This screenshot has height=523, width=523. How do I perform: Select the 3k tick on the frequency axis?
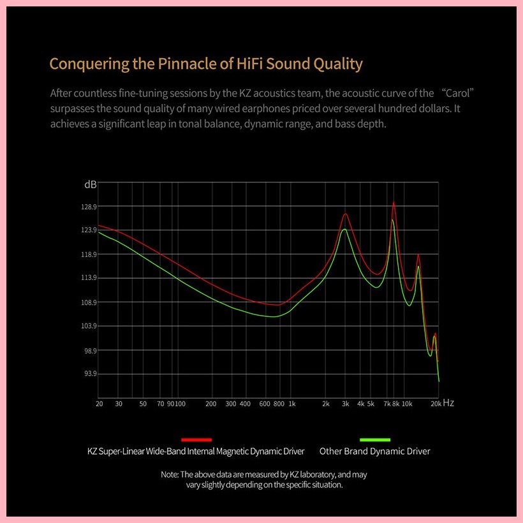(x=345, y=404)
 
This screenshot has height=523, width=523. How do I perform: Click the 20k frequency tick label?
(x=436, y=404)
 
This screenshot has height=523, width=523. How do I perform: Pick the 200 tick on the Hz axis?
(x=211, y=404)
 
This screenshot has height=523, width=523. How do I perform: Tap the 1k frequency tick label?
(x=291, y=404)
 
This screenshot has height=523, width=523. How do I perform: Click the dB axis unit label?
(x=91, y=184)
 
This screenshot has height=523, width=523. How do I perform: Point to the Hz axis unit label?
(x=448, y=403)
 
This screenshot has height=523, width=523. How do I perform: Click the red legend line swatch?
(x=196, y=439)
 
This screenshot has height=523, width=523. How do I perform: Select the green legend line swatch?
(x=374, y=439)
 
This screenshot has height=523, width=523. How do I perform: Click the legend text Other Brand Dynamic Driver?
(x=374, y=452)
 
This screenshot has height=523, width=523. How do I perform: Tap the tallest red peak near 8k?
(x=394, y=203)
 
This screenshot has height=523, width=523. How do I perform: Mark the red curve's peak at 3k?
(x=345, y=214)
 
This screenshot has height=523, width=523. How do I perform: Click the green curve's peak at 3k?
(x=344, y=229)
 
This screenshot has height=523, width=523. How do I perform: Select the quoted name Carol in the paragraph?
(x=455, y=93)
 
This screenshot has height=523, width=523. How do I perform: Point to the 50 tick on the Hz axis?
(x=143, y=404)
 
